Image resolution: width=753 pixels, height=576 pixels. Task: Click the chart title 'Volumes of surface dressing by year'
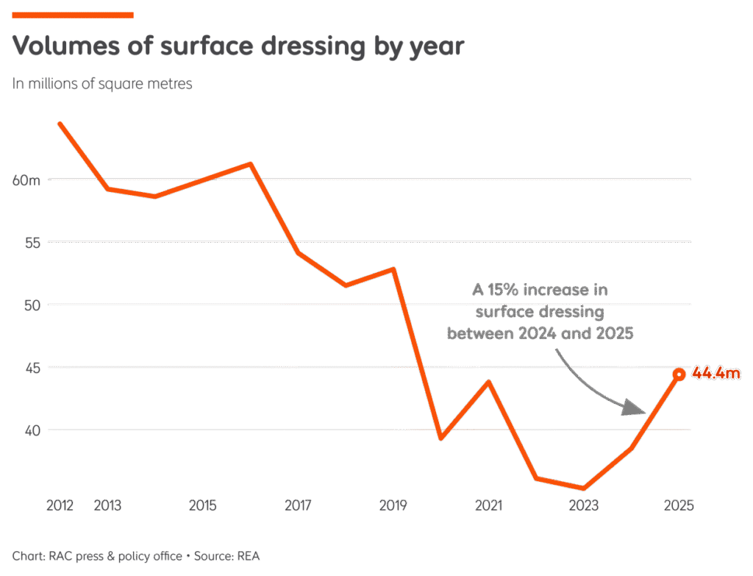coord(238,46)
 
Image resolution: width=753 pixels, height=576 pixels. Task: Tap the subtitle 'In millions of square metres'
coord(102,84)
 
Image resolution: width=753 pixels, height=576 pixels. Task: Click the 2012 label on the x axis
coord(60,505)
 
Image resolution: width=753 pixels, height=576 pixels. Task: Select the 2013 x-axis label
coord(107,505)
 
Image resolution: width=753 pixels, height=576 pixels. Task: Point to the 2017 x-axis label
coord(298,505)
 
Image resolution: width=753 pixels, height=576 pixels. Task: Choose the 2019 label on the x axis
coord(393,505)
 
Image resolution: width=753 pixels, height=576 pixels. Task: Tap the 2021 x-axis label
coord(488,505)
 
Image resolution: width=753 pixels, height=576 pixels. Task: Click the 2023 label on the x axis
coord(584,505)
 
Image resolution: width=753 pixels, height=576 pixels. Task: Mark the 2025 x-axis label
coord(678,505)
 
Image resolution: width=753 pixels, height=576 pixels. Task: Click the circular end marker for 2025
coord(679,374)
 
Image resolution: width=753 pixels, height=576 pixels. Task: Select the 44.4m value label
coord(716,374)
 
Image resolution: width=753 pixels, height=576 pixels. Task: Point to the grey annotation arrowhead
coord(633,407)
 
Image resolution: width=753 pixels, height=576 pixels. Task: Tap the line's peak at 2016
coord(251,163)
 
